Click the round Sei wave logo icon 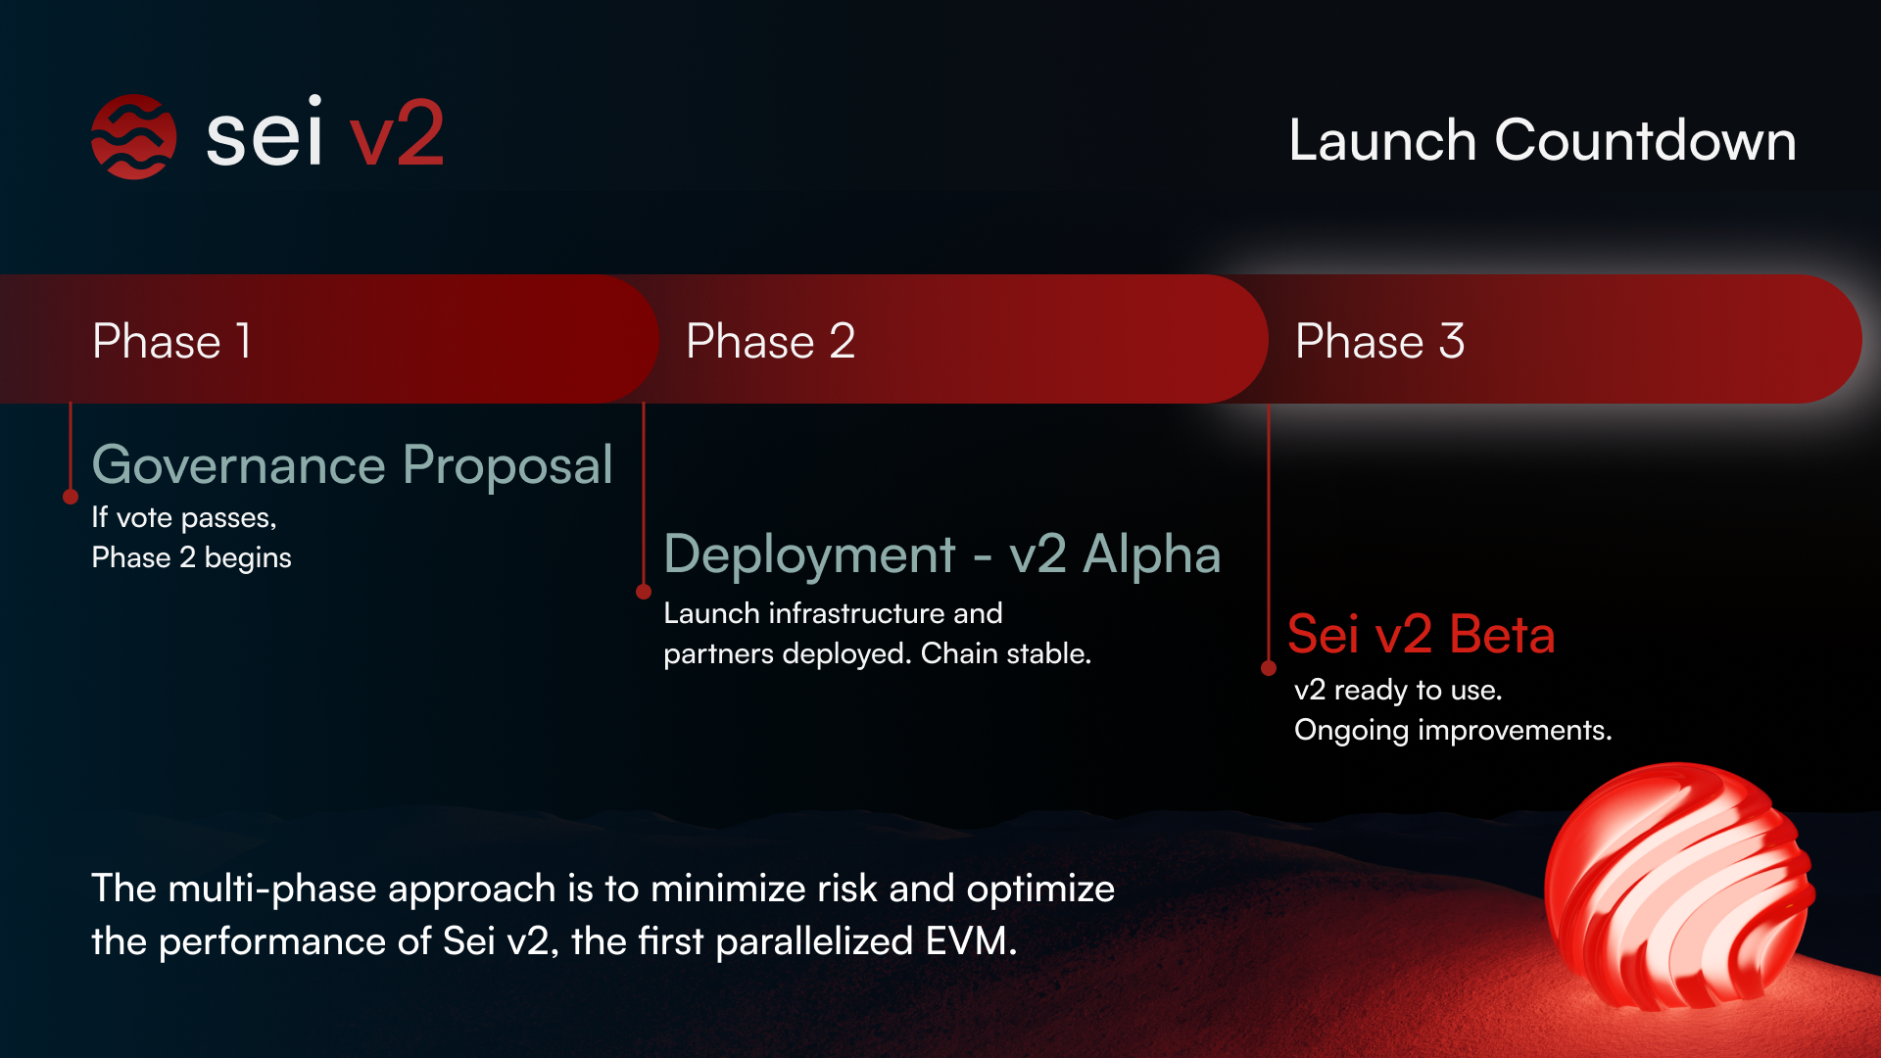tap(133, 136)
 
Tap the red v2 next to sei tap(397, 134)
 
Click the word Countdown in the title tap(1645, 140)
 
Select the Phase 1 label tap(171, 341)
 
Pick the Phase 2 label tap(771, 341)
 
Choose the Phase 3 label tap(1379, 341)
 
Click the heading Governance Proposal tap(353, 465)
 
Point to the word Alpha tap(1152, 554)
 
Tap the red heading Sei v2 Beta tap(1422, 634)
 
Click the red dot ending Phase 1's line tap(71, 497)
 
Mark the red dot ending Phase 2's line tap(644, 592)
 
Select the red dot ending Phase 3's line tap(1269, 668)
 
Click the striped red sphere tap(1678, 887)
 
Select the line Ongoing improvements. tap(1453, 731)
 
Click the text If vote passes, tap(184, 518)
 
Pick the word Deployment tap(809, 555)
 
